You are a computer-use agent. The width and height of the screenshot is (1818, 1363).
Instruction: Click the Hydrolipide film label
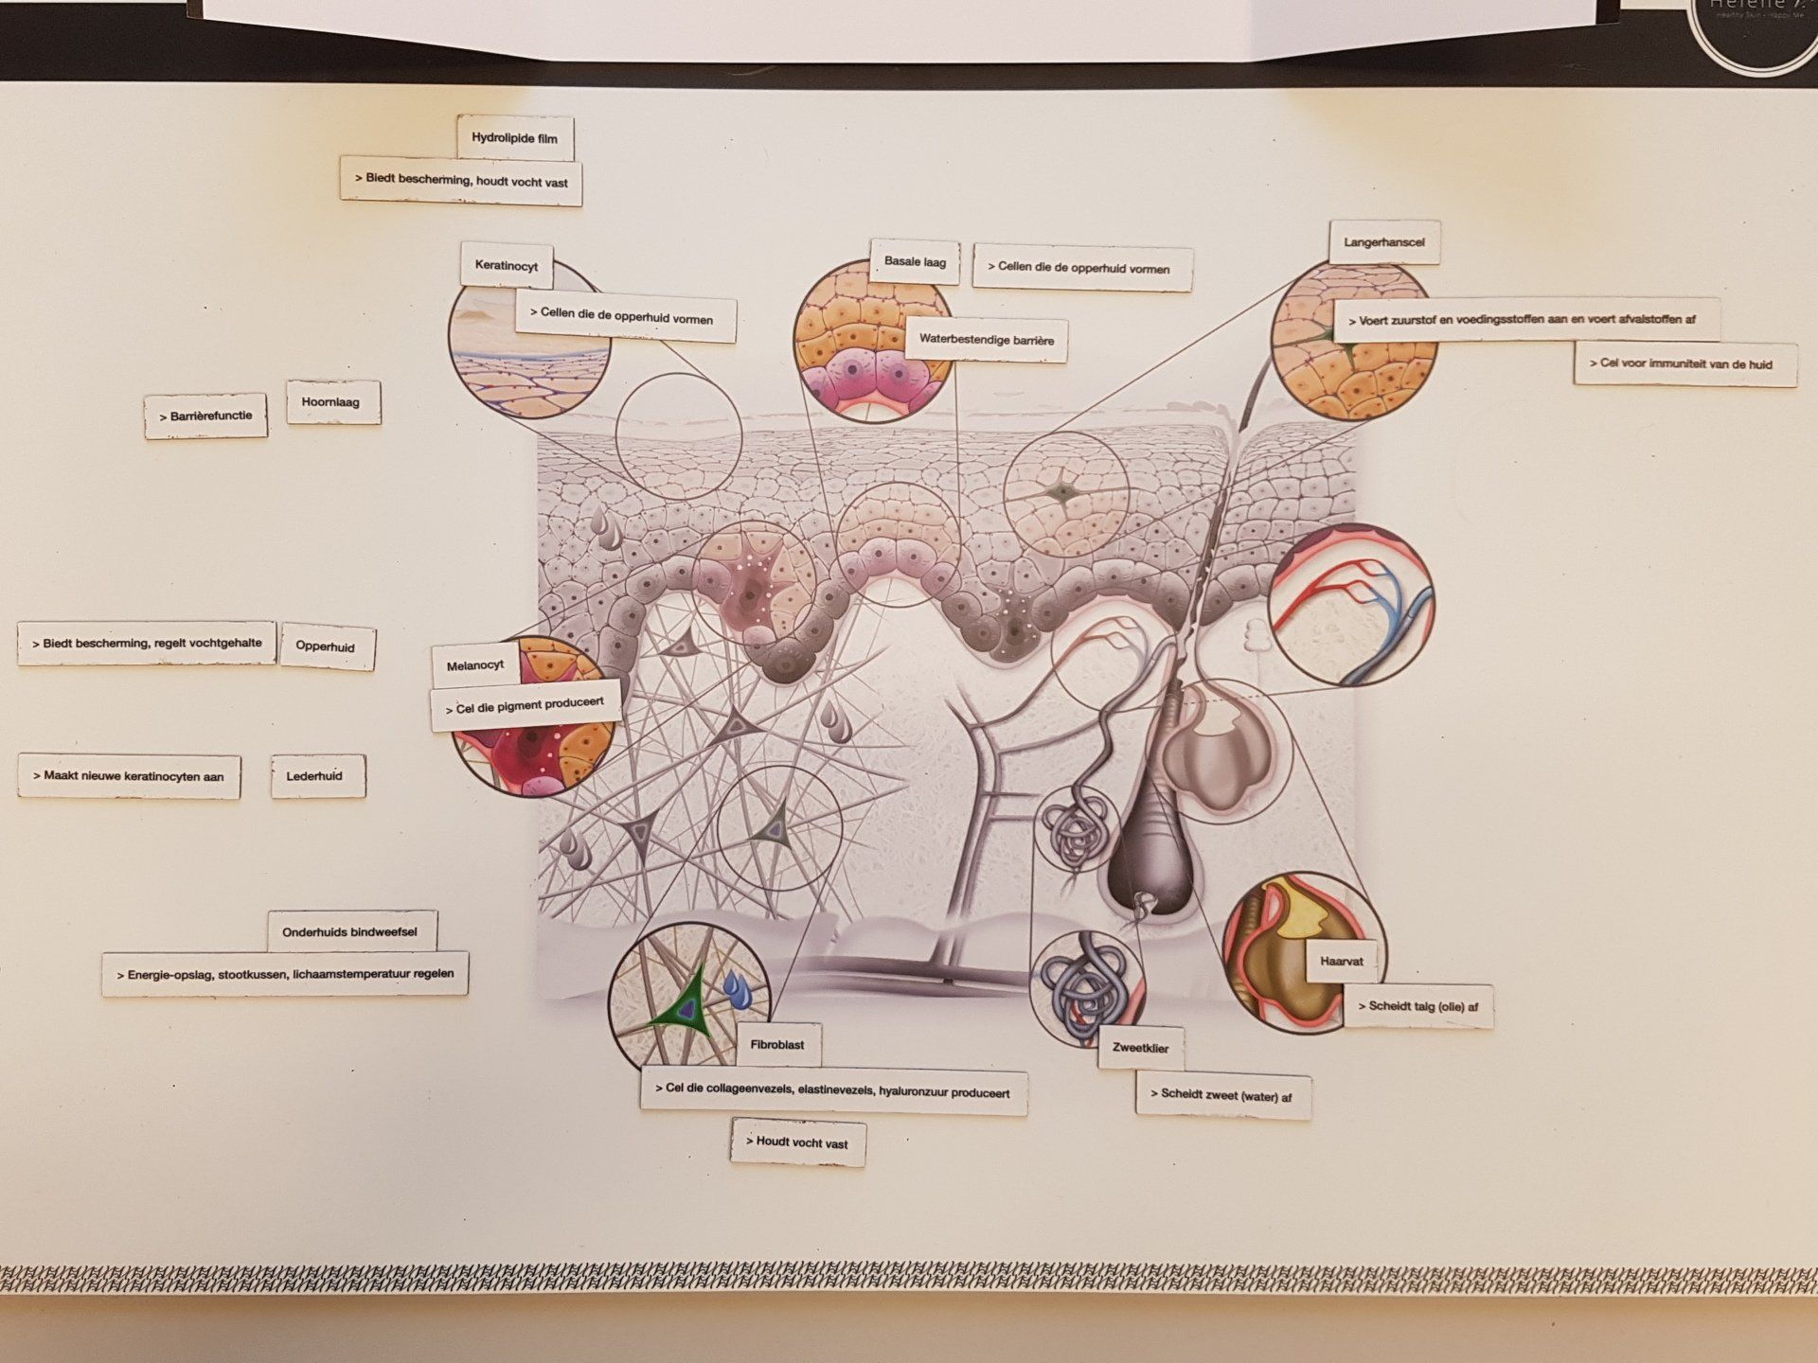pyautogui.click(x=514, y=138)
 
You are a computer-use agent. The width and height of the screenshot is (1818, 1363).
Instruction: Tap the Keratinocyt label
pyautogui.click(x=507, y=265)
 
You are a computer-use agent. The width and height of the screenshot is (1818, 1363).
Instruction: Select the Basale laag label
pyautogui.click(x=915, y=261)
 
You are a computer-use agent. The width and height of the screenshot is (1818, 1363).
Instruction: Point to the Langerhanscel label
pyautogui.click(x=1383, y=242)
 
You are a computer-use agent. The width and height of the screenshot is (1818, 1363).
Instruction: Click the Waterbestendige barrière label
pyautogui.click(x=986, y=340)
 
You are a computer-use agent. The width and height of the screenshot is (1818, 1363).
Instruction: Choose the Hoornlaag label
pyautogui.click(x=330, y=402)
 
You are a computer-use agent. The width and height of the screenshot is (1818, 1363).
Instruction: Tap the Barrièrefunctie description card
pyautogui.click(x=205, y=416)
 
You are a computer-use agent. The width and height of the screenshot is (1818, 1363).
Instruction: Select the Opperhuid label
pyautogui.click(x=325, y=646)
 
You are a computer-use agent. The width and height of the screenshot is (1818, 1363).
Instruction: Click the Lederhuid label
pyautogui.click(x=314, y=776)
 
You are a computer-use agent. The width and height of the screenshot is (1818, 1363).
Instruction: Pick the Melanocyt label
pyautogui.click(x=475, y=665)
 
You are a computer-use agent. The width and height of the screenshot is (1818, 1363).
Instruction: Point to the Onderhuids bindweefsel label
pyautogui.click(x=349, y=932)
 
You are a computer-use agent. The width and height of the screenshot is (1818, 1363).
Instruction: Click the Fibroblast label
pyautogui.click(x=777, y=1045)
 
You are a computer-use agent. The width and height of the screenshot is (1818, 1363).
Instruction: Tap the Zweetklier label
pyautogui.click(x=1140, y=1048)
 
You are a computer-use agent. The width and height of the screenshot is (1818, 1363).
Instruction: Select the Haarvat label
pyautogui.click(x=1341, y=962)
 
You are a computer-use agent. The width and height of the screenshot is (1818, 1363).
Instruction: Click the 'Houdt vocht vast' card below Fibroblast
pyautogui.click(x=797, y=1142)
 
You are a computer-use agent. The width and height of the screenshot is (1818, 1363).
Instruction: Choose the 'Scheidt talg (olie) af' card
pyautogui.click(x=1417, y=1006)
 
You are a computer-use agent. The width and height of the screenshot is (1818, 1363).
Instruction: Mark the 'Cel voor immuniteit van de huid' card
pyautogui.click(x=1685, y=363)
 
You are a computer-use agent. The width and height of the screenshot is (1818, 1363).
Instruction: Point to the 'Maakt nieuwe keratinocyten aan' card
pyautogui.click(x=129, y=776)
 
